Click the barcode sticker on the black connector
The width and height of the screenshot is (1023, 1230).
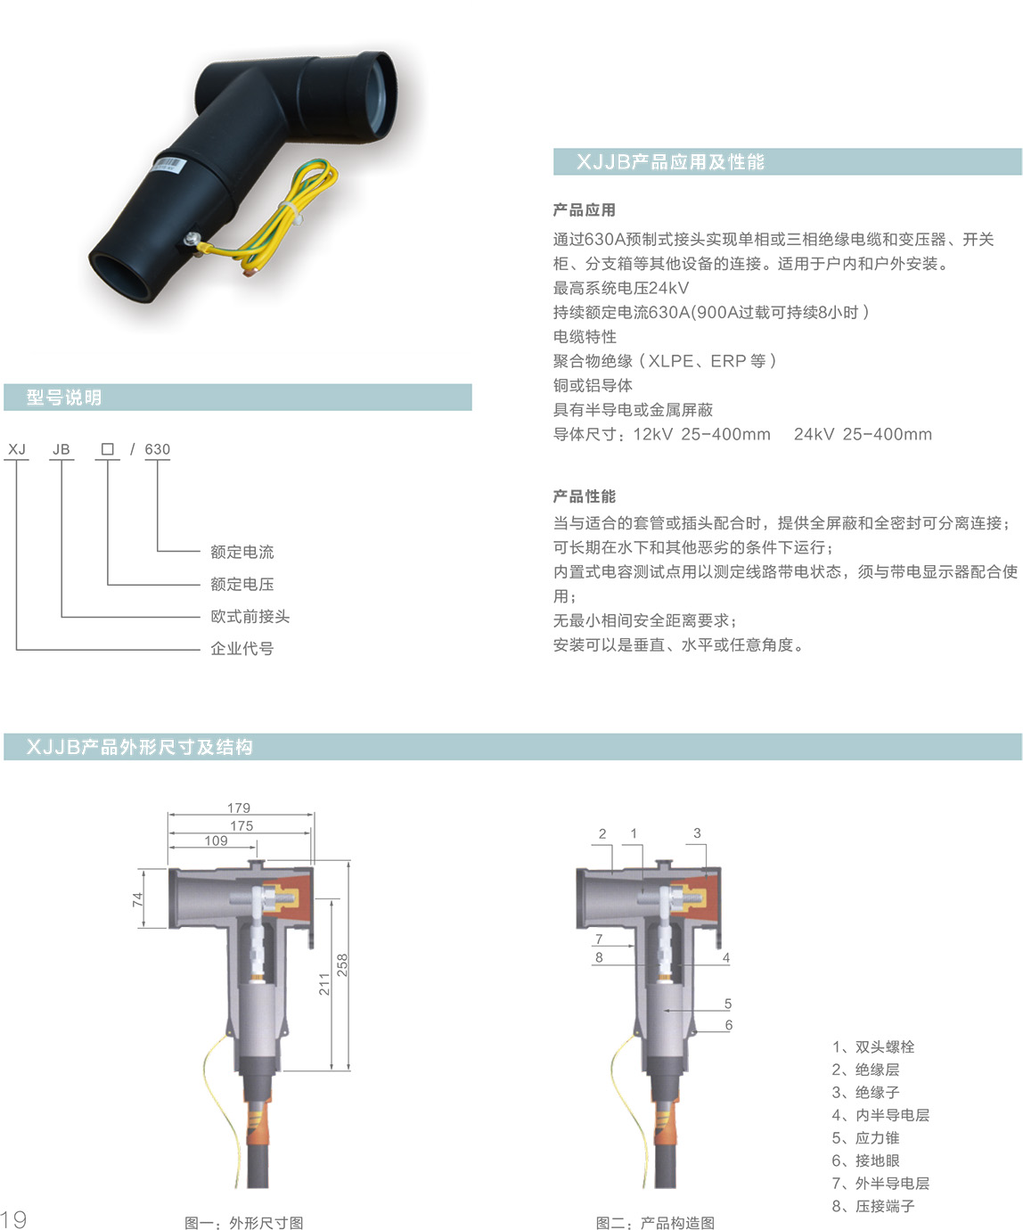[169, 164]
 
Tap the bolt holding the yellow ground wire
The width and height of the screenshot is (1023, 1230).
[192, 239]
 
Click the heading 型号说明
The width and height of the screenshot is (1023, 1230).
[63, 398]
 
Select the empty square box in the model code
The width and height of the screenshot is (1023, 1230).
[107, 449]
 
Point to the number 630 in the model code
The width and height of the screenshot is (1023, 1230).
[157, 449]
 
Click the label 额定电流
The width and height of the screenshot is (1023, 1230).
[242, 552]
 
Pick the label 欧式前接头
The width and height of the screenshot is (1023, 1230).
[250, 616]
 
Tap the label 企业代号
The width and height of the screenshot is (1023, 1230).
[242, 649]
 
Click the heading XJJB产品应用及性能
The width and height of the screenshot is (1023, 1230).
[670, 161]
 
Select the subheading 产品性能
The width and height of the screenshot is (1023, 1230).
[585, 496]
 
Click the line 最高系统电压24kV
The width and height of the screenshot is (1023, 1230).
[621, 288]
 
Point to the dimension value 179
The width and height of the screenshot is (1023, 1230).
[239, 808]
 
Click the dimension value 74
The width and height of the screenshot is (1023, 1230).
[138, 899]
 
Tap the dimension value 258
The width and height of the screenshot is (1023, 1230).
[342, 965]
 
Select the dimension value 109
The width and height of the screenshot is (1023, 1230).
[217, 840]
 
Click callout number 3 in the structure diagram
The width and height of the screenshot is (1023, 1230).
[698, 833]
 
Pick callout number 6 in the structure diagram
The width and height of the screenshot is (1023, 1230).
[729, 1025]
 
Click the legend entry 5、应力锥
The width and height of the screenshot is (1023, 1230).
[865, 1137]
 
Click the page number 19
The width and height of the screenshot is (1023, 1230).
[13, 1218]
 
